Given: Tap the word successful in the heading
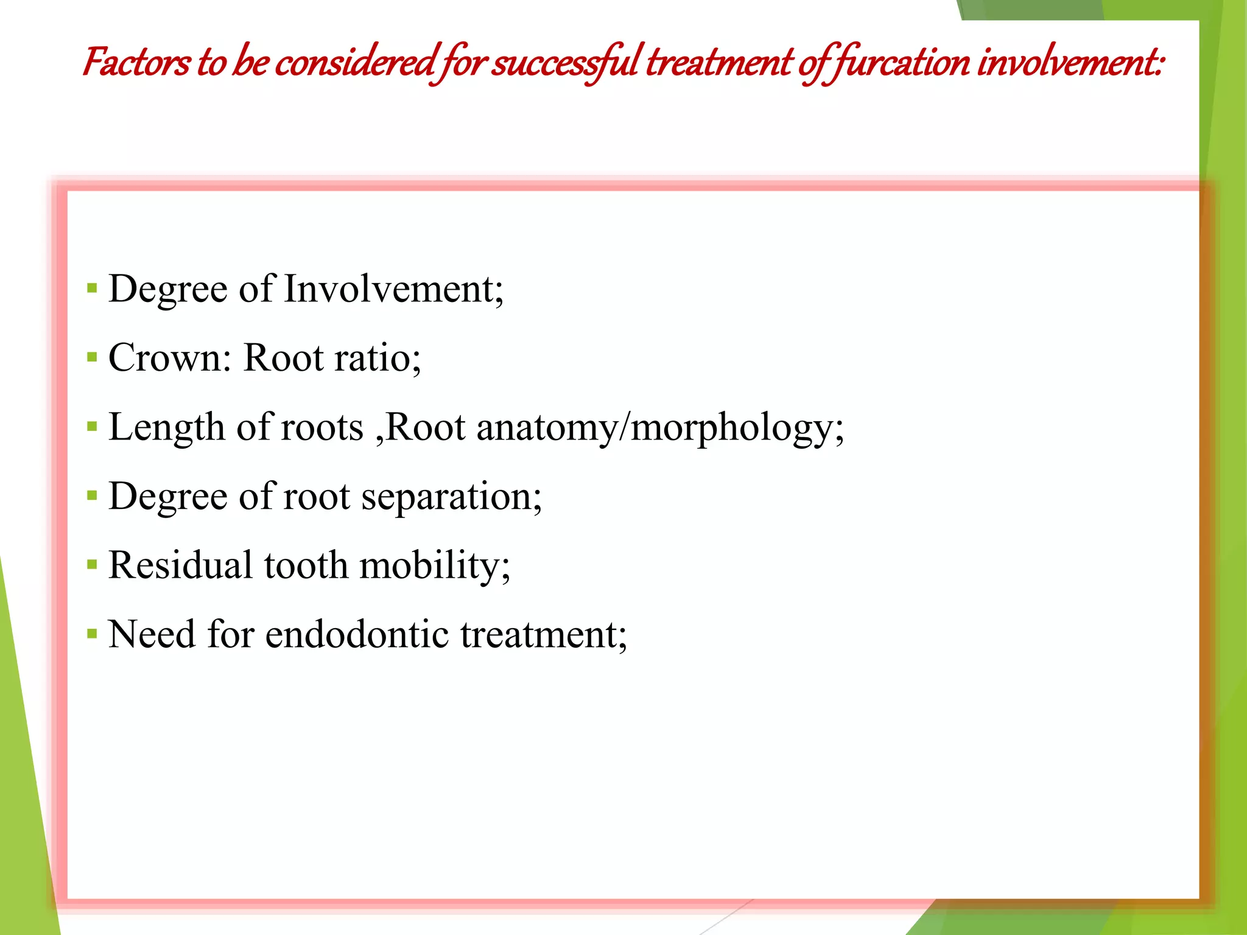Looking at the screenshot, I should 564,63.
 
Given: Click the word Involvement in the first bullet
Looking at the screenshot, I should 393,289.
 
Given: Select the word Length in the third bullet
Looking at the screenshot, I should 166,427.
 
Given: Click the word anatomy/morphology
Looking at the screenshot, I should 660,428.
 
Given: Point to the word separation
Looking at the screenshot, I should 451,497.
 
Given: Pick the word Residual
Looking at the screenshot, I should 180,565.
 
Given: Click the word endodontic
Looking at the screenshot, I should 357,634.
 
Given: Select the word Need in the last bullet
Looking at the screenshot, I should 152,634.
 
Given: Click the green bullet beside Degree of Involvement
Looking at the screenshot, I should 92,289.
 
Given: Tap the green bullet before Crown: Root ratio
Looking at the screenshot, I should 92,357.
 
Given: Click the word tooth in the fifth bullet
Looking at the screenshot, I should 306,565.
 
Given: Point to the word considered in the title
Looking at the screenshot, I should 356,63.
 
